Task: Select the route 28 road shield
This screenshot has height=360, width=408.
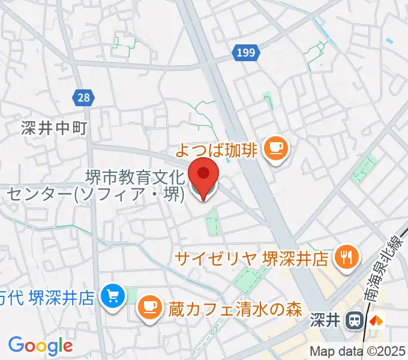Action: click(x=83, y=97)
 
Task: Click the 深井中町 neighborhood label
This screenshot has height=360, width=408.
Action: click(x=54, y=128)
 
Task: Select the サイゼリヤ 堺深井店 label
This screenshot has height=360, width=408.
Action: click(x=251, y=259)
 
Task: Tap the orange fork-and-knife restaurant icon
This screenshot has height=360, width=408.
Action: click(x=346, y=257)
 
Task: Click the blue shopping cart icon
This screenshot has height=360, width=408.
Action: click(x=113, y=296)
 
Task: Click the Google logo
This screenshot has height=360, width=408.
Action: click(x=40, y=345)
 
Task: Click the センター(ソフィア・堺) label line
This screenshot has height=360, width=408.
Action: click(x=95, y=195)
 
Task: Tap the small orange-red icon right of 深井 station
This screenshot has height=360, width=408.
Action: click(x=376, y=321)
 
